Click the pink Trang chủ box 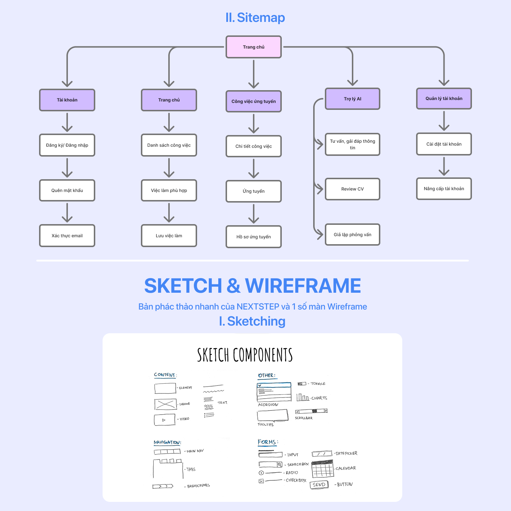pos(254,47)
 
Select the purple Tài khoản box pos(67,100)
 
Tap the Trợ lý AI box pos(353,99)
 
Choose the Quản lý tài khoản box pos(444,99)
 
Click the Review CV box pos(353,189)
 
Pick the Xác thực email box pos(67,236)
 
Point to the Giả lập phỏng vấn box pos(353,235)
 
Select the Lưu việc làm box pos(169,236)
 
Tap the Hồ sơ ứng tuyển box pos(254,237)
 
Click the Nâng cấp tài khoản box pos(444,189)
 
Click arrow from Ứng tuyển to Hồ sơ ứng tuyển pos(254,214)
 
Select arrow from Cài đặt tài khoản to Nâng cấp pos(444,166)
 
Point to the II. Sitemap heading pos(255,18)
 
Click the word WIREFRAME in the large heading pos(303,285)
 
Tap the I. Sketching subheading pos(252,321)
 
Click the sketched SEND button pos(319,485)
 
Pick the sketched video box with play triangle pos(165,420)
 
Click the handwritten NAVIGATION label pos(167,442)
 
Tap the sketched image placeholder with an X pos(165,404)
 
